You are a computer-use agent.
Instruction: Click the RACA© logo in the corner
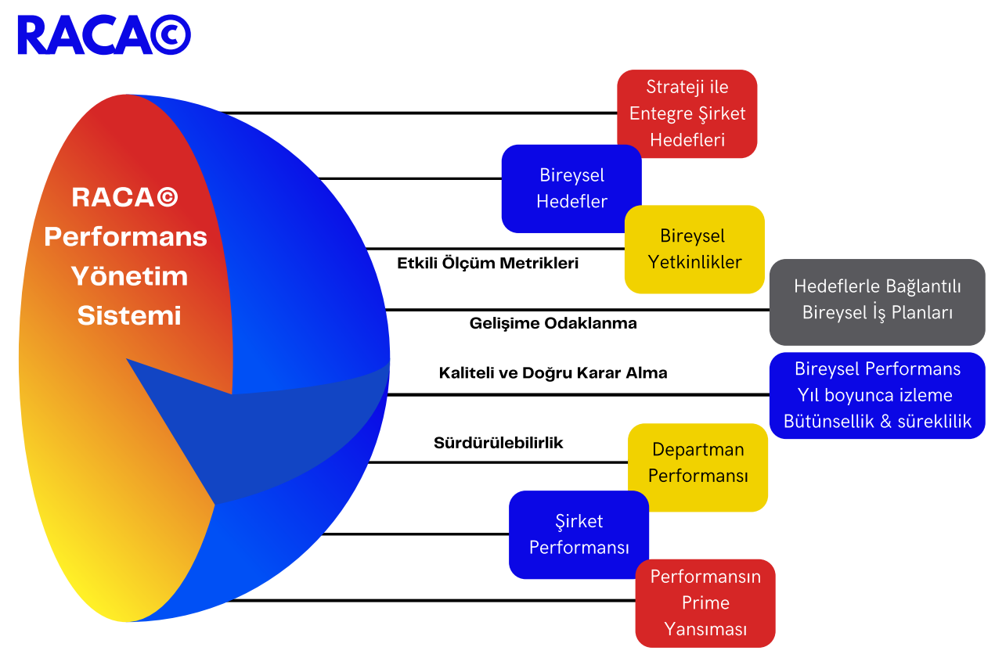(x=103, y=35)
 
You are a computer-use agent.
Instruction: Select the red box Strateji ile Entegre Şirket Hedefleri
(x=687, y=113)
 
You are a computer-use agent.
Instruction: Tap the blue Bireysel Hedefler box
(x=571, y=189)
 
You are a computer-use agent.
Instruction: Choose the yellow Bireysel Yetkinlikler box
(x=694, y=249)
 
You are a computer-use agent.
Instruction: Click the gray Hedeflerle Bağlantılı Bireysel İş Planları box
(x=877, y=300)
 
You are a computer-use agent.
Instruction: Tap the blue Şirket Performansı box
(x=579, y=534)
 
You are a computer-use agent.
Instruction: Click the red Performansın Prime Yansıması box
(x=705, y=603)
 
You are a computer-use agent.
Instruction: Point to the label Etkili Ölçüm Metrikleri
(x=488, y=264)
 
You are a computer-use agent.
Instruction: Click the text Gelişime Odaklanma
(x=553, y=323)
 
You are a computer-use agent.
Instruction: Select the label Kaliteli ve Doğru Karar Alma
(x=553, y=373)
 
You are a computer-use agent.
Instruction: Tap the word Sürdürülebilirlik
(x=498, y=443)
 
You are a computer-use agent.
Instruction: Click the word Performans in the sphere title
(x=126, y=237)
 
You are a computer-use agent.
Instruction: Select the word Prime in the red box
(x=705, y=603)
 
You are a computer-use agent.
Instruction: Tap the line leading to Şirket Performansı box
(x=415, y=535)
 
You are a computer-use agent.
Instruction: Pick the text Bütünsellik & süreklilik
(x=877, y=422)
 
